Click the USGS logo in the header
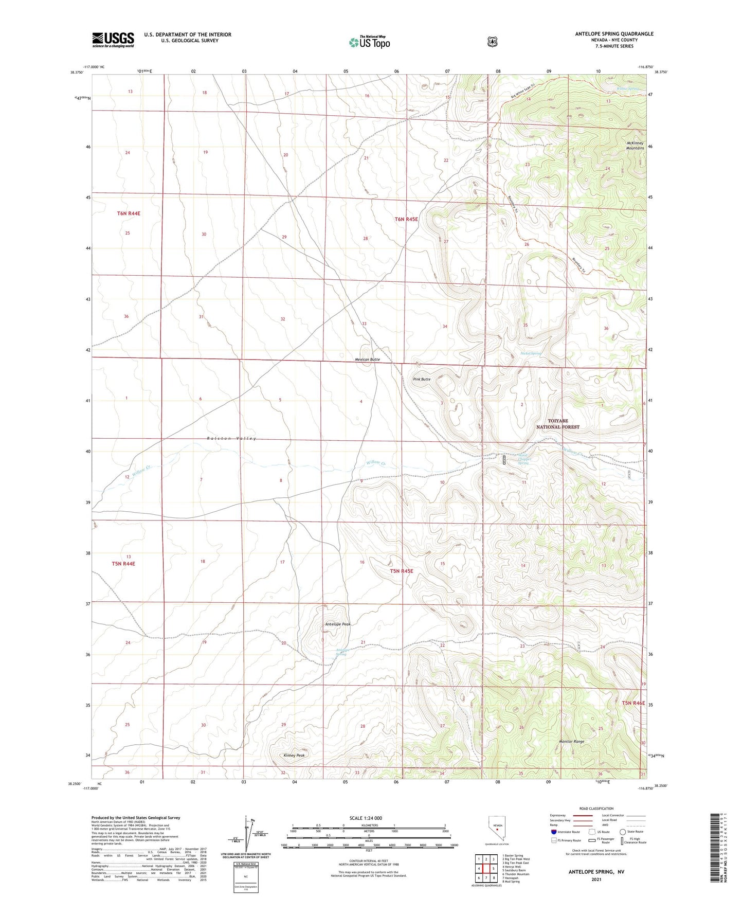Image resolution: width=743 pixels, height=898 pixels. (x=113, y=40)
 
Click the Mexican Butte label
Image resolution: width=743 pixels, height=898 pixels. (x=367, y=360)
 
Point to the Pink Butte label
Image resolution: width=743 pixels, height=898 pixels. (x=422, y=379)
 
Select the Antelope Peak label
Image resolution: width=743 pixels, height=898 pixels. (x=338, y=624)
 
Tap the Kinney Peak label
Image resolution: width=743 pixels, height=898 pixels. (x=294, y=755)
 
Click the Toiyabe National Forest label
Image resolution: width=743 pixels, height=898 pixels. (x=558, y=424)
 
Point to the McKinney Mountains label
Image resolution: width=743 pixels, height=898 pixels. (x=635, y=146)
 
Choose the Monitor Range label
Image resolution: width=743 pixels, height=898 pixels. (x=571, y=742)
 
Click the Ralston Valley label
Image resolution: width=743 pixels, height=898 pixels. (x=231, y=438)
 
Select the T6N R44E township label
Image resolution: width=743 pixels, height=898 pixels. (x=129, y=213)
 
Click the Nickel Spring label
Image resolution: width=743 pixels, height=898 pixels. (x=531, y=353)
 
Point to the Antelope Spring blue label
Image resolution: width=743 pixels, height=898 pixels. (x=342, y=652)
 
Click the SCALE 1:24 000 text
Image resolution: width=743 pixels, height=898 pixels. (x=366, y=818)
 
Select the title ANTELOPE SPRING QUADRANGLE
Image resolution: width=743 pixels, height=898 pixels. (x=614, y=34)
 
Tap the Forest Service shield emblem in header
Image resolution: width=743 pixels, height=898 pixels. (x=493, y=42)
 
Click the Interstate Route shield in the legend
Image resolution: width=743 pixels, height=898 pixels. (x=553, y=832)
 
